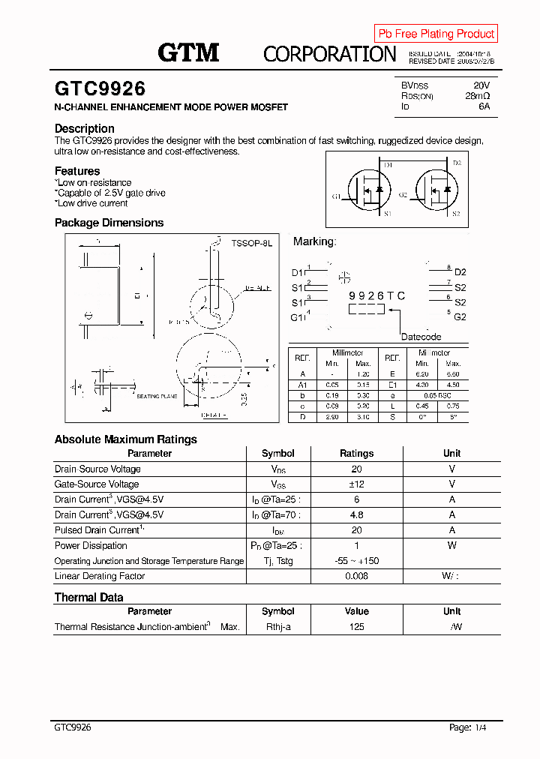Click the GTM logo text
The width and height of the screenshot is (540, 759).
pyautogui.click(x=188, y=52)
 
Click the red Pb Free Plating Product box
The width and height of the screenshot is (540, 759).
pyautogui.click(x=436, y=34)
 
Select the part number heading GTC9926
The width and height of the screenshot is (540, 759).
pyautogui.click(x=100, y=89)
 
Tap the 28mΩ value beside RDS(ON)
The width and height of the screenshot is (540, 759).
pyautogui.click(x=477, y=96)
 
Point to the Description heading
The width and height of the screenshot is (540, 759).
pyautogui.click(x=85, y=128)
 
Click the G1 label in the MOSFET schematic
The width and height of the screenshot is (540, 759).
pyautogui.click(x=336, y=196)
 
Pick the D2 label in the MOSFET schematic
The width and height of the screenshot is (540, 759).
pyautogui.click(x=457, y=163)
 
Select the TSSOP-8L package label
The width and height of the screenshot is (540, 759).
pyautogui.click(x=252, y=244)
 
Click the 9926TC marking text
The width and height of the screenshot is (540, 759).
pyautogui.click(x=376, y=296)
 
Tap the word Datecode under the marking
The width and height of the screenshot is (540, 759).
pyautogui.click(x=421, y=337)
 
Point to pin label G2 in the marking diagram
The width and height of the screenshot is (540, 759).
pyautogui.click(x=460, y=317)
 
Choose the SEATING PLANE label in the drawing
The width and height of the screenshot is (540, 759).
pyautogui.click(x=157, y=396)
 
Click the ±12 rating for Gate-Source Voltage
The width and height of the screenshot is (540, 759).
pyautogui.click(x=356, y=484)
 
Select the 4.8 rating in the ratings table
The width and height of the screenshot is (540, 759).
pyautogui.click(x=356, y=515)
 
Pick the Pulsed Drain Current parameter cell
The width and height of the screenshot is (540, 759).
pyautogui.click(x=97, y=530)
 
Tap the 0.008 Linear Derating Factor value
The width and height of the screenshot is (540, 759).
pyautogui.click(x=356, y=576)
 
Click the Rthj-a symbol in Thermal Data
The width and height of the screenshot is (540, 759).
pyautogui.click(x=277, y=627)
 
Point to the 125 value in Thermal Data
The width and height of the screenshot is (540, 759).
pyautogui.click(x=356, y=627)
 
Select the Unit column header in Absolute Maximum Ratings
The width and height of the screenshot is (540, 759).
pyautogui.click(x=451, y=454)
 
